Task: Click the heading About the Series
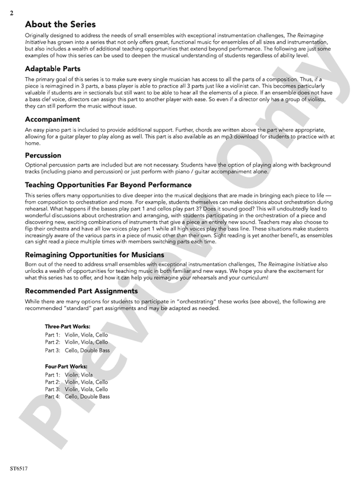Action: (60, 25)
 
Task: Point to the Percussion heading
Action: (43, 155)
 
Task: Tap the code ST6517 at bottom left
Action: (19, 469)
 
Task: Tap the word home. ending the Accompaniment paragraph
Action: (32, 142)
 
